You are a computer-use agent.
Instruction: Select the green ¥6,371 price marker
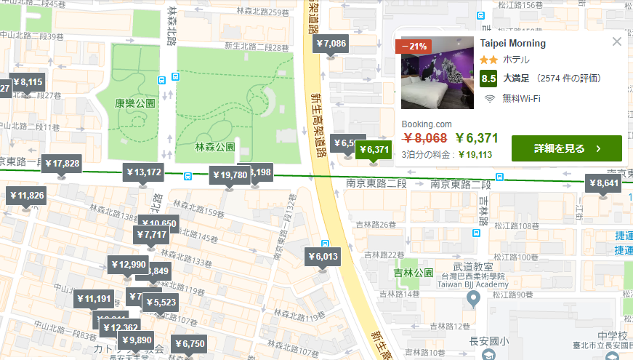click(374, 150)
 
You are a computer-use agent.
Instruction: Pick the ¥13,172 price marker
click(144, 173)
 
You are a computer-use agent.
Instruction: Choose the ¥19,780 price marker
click(229, 175)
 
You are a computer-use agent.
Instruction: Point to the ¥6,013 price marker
click(323, 257)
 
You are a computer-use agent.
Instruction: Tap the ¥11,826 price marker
click(26, 196)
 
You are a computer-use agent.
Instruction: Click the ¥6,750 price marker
click(190, 344)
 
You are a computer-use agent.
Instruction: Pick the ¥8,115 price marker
click(28, 82)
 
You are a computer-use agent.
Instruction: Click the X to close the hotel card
click(617, 41)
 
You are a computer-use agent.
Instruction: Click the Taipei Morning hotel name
click(513, 44)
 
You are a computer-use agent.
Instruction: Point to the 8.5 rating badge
click(488, 78)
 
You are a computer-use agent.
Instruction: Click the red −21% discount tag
click(414, 46)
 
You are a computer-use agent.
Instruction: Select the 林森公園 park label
click(215, 147)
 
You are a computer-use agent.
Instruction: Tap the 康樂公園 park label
click(136, 104)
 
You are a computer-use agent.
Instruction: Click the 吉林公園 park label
click(408, 273)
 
